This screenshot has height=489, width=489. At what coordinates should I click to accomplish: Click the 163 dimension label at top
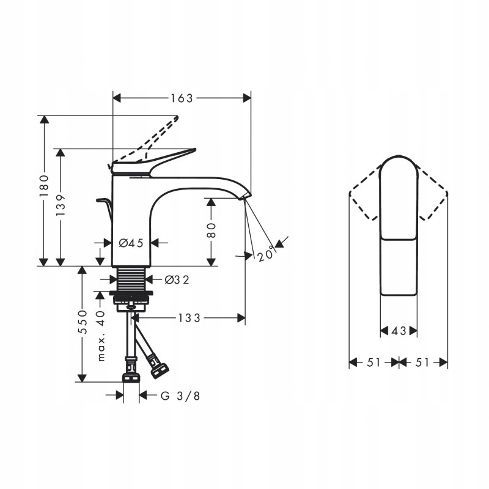(182, 98)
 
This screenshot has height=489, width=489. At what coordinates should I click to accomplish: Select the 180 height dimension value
(44, 186)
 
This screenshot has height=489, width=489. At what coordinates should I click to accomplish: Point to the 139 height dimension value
(61, 205)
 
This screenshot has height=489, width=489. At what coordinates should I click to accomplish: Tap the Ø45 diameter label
(131, 243)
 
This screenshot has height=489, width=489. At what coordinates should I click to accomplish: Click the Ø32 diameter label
(177, 280)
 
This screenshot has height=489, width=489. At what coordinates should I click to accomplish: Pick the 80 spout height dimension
(211, 230)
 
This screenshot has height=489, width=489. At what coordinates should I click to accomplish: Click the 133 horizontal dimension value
(189, 318)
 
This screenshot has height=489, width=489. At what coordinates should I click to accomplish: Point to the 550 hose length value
(83, 322)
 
